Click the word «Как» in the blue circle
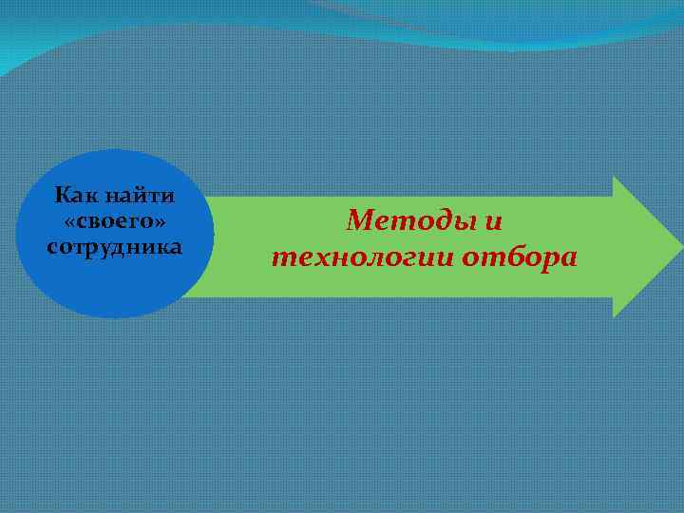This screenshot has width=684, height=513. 75,198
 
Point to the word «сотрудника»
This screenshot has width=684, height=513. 114,246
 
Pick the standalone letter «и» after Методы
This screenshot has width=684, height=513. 491,222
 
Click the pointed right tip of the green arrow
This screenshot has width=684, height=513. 680,247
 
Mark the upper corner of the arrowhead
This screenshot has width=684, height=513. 615,178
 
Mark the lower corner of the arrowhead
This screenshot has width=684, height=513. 615,315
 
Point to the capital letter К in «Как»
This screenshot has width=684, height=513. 63,198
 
